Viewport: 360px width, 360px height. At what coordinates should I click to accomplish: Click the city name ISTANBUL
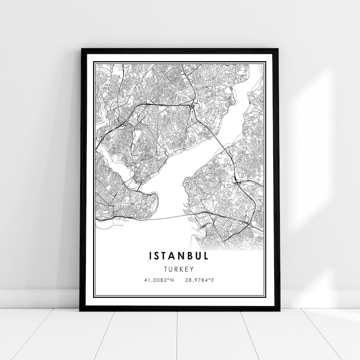point(179,256)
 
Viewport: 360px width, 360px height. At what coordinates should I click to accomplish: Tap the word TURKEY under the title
point(179,269)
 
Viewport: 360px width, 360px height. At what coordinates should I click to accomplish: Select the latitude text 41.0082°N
point(158,280)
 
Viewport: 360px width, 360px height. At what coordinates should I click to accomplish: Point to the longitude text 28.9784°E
point(199,280)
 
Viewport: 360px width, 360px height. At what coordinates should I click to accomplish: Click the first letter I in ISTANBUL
point(150,256)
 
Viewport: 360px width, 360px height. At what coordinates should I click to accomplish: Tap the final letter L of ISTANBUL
point(206,256)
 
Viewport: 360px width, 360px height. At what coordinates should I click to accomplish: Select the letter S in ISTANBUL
point(158,256)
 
